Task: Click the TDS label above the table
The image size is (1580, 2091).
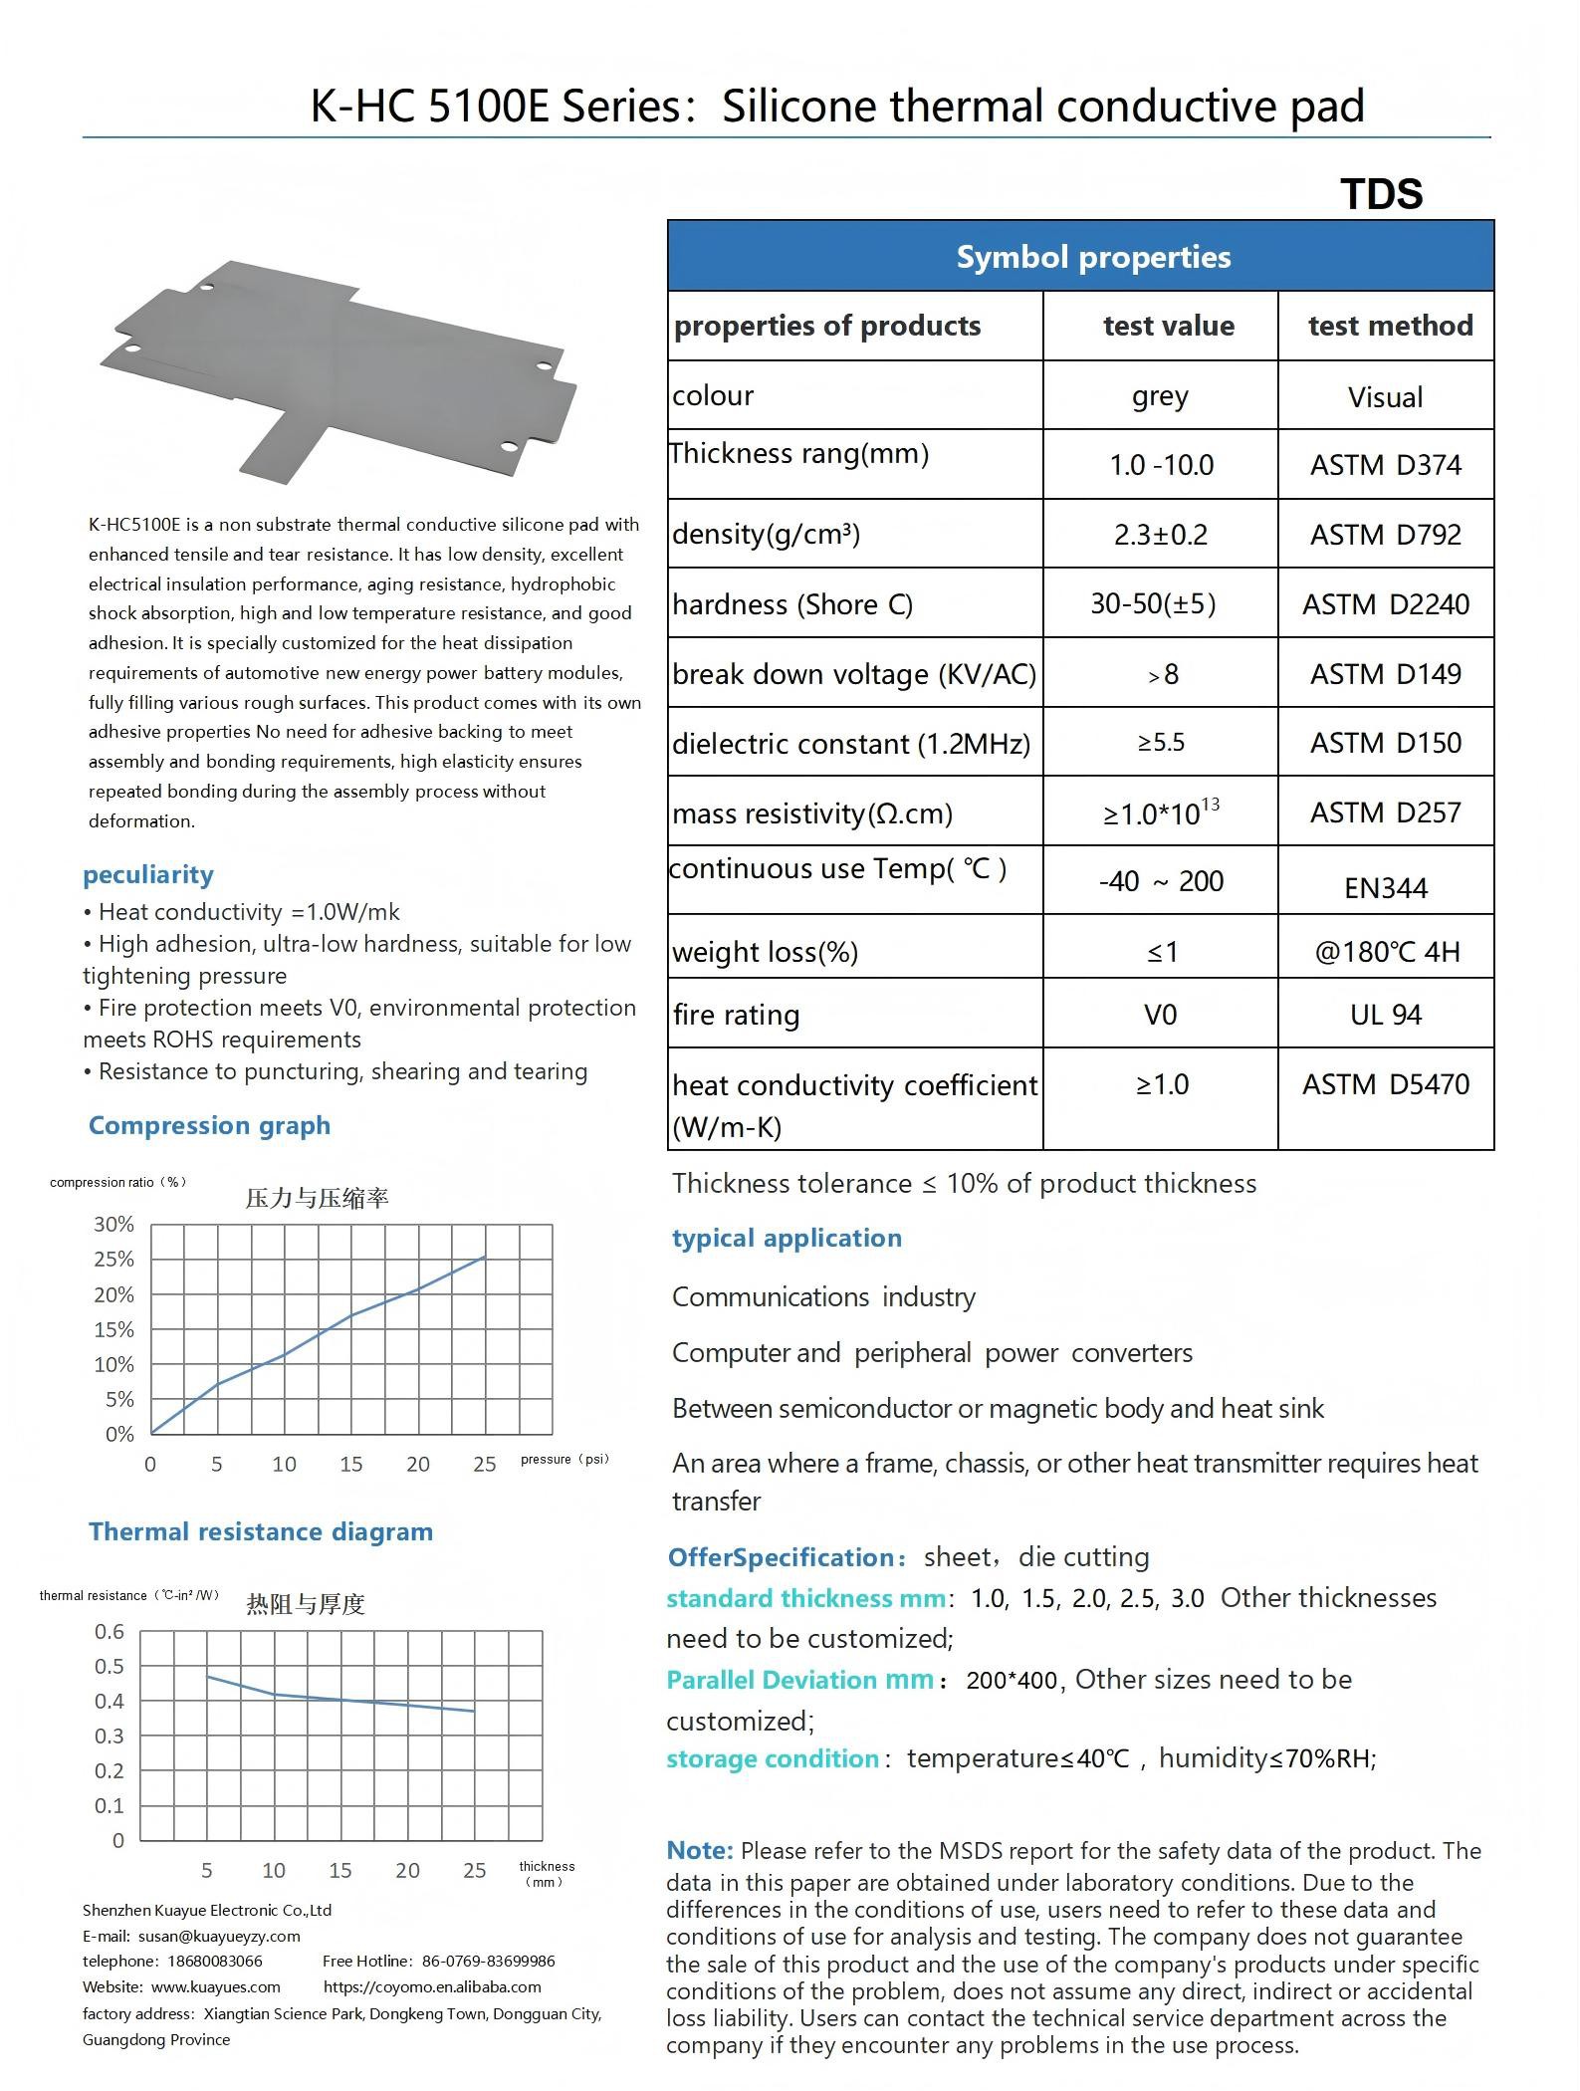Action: click(x=1381, y=194)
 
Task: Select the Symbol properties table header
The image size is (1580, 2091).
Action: click(x=1093, y=257)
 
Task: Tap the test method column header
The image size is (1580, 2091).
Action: click(x=1390, y=326)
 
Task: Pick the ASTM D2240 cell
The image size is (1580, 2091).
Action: click(x=1385, y=604)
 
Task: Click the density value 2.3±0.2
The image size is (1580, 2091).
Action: click(x=1160, y=535)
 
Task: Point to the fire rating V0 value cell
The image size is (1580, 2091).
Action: click(x=1160, y=1015)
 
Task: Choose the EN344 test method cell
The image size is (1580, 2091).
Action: click(x=1385, y=887)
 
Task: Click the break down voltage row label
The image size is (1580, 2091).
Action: click(x=853, y=674)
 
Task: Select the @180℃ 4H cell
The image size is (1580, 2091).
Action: click(x=1387, y=952)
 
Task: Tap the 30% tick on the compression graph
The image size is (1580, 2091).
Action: click(x=113, y=1225)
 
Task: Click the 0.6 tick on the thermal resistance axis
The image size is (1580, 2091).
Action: click(x=110, y=1632)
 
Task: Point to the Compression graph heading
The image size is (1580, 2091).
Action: click(x=209, y=1125)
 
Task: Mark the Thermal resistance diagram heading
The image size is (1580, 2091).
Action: click(x=261, y=1531)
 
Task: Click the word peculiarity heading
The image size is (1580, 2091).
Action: click(x=148, y=874)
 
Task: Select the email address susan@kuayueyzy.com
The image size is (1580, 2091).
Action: click(x=219, y=1937)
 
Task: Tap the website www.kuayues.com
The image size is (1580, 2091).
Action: click(x=216, y=1987)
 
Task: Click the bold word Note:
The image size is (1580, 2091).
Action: click(x=699, y=1850)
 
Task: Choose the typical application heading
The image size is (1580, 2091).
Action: click(x=787, y=1238)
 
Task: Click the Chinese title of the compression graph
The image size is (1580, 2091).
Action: click(x=317, y=1198)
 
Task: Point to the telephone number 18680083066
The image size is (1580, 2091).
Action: click(x=215, y=1962)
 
